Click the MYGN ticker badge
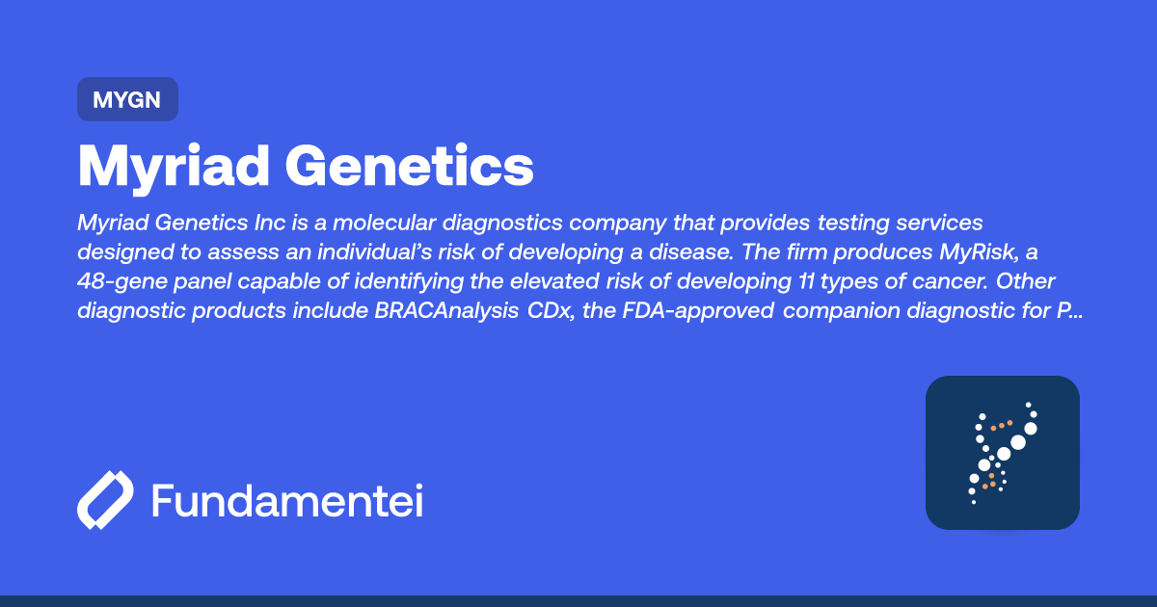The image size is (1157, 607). (127, 99)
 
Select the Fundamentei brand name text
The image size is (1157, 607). (287, 501)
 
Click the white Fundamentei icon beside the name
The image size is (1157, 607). (104, 501)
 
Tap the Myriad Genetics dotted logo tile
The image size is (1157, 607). (1002, 452)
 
